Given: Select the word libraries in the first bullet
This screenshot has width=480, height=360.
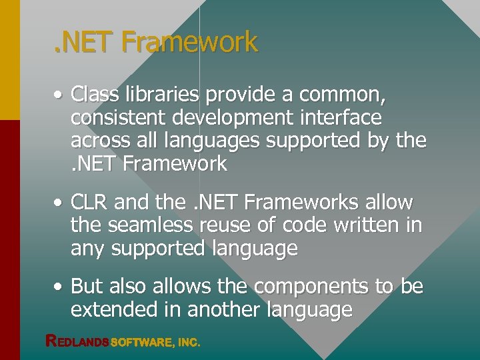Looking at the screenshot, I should (159, 95).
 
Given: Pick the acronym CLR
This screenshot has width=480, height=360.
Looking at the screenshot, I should (91, 202).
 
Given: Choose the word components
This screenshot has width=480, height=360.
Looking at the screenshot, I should (311, 287).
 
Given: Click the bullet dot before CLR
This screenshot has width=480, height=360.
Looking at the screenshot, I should (60, 203).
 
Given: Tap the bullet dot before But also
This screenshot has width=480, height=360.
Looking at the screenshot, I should (60, 287).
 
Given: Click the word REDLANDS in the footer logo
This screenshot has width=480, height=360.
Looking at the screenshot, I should (77, 342).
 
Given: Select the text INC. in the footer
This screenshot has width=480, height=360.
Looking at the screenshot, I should (189, 343).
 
